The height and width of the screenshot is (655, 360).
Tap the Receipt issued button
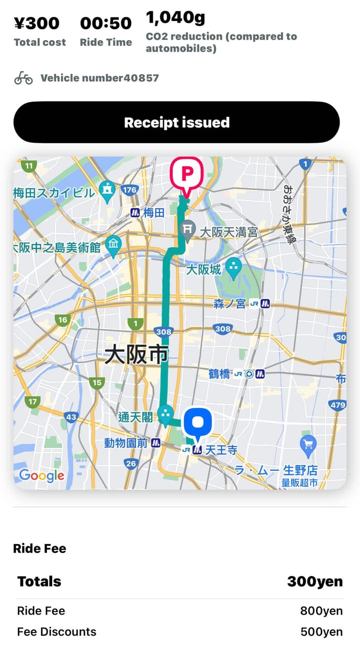click(x=176, y=122)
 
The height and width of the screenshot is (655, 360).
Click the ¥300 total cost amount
click(x=36, y=24)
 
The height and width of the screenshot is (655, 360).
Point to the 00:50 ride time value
click(x=106, y=24)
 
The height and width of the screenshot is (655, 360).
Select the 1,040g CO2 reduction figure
click(x=175, y=18)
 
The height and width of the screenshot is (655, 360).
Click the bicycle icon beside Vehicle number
click(x=24, y=78)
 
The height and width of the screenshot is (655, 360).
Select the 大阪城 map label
click(x=203, y=269)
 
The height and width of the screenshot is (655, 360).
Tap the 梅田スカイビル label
click(x=54, y=193)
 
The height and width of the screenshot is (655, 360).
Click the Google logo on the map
click(x=41, y=475)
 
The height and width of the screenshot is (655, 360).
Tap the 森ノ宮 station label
click(x=230, y=304)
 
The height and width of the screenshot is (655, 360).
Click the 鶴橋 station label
click(x=219, y=374)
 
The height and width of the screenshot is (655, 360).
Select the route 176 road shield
click(x=130, y=190)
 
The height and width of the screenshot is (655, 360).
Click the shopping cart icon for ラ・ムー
click(x=308, y=445)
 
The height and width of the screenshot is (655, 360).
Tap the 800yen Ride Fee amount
click(x=321, y=611)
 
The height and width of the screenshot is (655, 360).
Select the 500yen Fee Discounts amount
click(x=321, y=632)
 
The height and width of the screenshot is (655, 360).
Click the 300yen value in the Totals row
click(x=314, y=582)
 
